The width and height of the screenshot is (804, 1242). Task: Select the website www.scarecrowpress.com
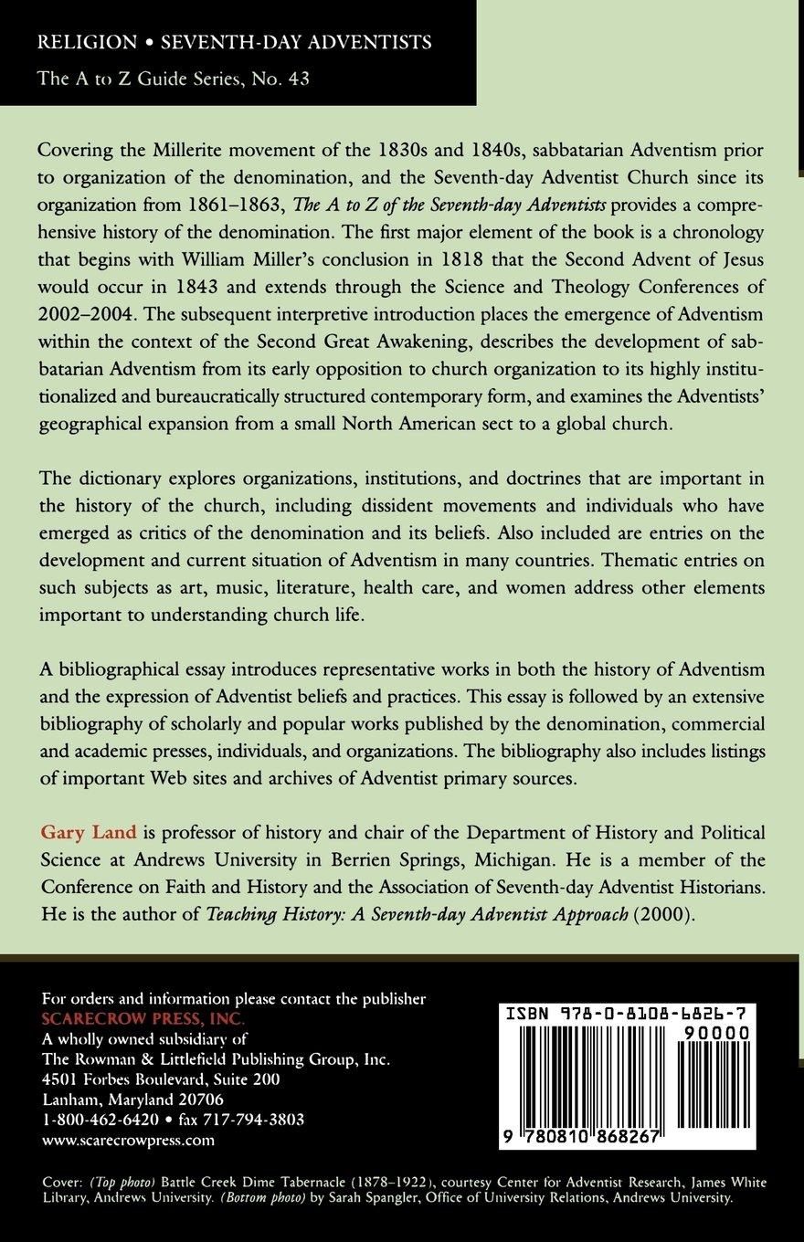click(129, 1139)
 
